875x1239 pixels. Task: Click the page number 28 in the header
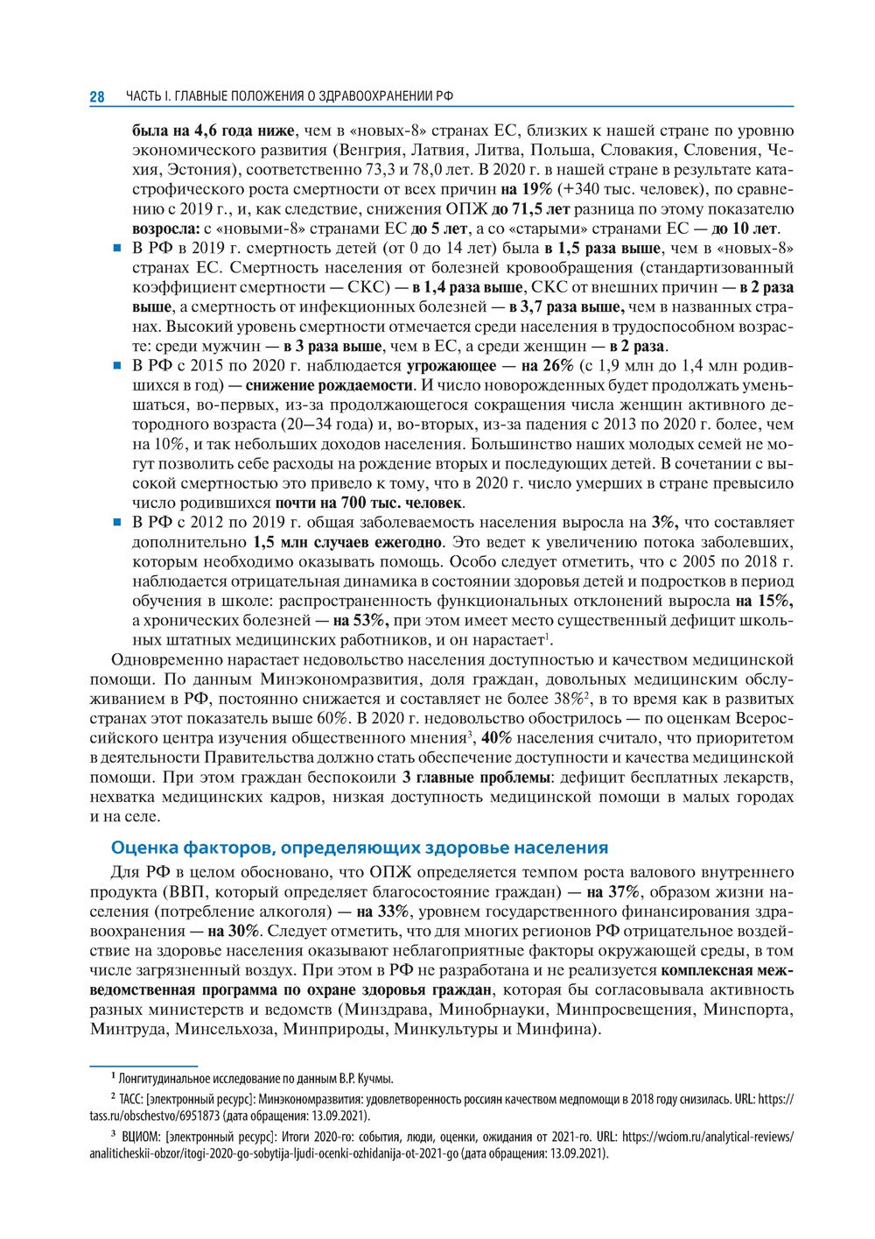tap(97, 96)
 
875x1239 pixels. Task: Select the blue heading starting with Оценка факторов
tap(360, 848)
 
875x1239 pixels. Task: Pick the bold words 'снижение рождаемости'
tap(329, 385)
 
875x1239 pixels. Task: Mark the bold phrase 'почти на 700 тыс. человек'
tap(369, 503)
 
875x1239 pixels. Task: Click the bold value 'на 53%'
tap(351, 621)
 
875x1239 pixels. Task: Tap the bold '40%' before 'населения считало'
tap(497, 737)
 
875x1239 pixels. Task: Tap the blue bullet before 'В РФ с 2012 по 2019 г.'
tap(115, 523)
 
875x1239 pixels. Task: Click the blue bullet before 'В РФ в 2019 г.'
tap(115, 249)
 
